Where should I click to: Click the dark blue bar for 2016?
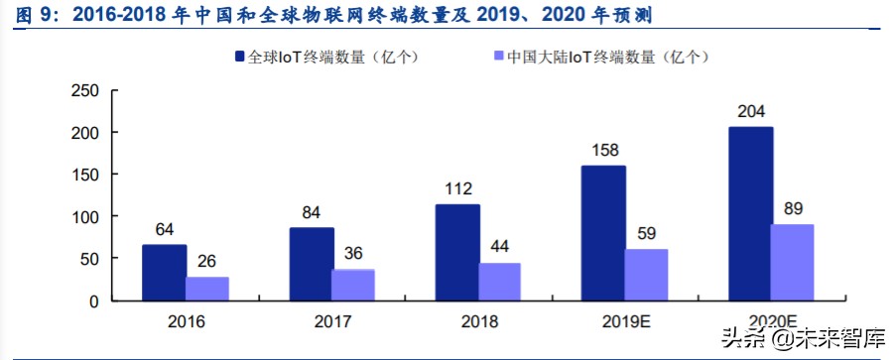click(164, 272)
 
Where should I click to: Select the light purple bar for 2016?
click(207, 288)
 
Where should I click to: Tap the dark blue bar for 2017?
click(311, 264)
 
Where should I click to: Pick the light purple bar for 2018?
click(499, 281)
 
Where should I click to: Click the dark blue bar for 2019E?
click(603, 232)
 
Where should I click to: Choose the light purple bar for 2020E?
click(792, 262)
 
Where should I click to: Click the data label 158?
click(604, 151)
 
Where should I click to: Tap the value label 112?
click(457, 189)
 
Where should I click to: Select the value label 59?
click(647, 234)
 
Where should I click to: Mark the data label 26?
click(207, 262)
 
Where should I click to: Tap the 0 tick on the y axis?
click(93, 300)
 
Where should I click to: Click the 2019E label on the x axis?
click(625, 322)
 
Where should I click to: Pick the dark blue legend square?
click(240, 58)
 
